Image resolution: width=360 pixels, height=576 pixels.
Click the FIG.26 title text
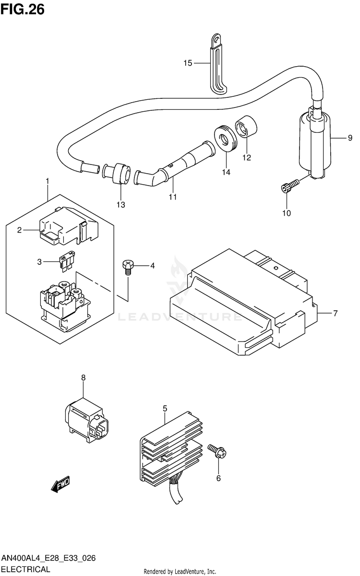(x=23, y=9)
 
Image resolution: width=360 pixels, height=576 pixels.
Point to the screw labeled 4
(x=128, y=265)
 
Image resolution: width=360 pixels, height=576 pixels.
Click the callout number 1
(x=48, y=181)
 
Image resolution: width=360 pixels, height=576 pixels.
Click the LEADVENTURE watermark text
(x=180, y=317)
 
